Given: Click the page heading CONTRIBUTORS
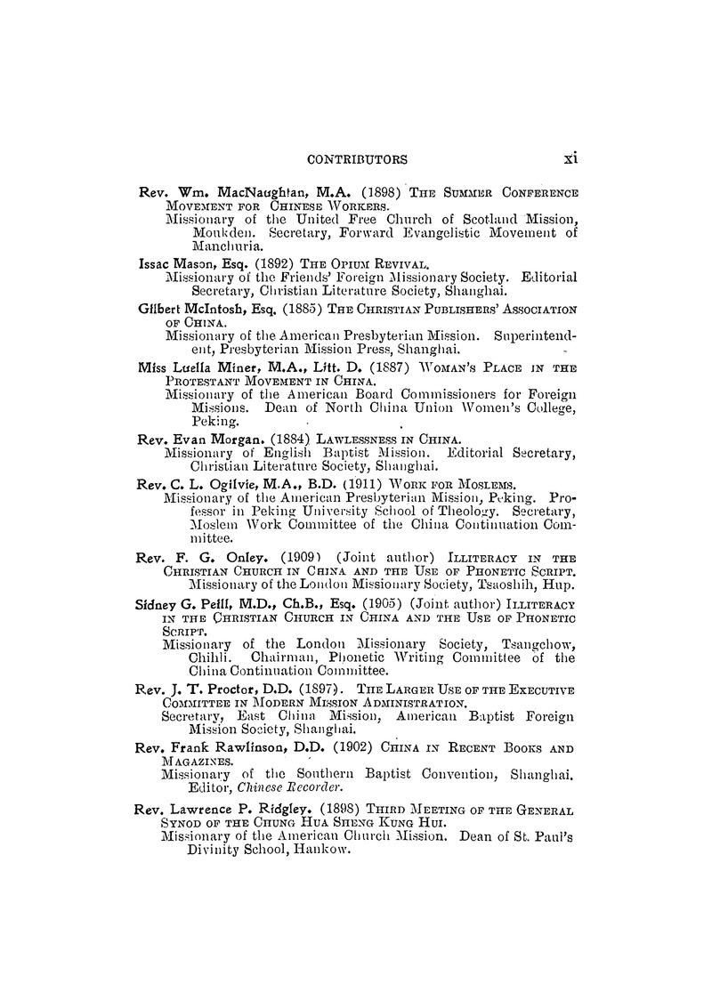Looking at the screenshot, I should tap(356, 160).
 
